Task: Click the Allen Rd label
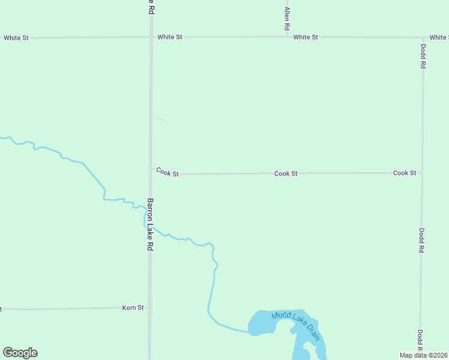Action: click(x=287, y=19)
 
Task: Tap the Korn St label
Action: click(x=133, y=308)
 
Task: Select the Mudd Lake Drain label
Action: click(x=295, y=322)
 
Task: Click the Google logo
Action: click(x=20, y=353)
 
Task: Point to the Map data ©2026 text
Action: click(x=423, y=355)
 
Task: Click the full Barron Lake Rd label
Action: click(x=150, y=224)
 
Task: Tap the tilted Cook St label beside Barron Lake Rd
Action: click(x=167, y=172)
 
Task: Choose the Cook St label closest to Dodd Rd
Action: click(x=405, y=173)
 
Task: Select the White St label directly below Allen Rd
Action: click(x=306, y=37)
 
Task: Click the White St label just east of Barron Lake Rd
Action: click(x=170, y=37)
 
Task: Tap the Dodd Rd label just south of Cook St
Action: click(x=422, y=240)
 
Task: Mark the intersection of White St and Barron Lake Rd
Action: click(x=150, y=37)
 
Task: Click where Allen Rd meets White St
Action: click(x=287, y=37)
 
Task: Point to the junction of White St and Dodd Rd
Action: click(x=423, y=37)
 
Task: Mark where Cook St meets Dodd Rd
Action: click(x=422, y=173)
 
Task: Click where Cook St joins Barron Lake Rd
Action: click(x=150, y=173)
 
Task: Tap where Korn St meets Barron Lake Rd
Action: click(x=149, y=308)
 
